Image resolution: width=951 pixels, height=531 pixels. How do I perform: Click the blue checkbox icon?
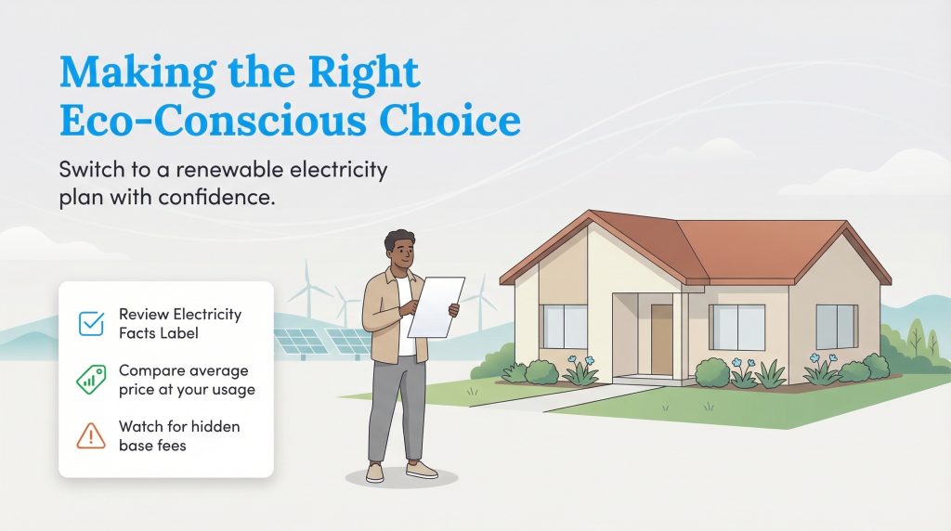click(x=92, y=323)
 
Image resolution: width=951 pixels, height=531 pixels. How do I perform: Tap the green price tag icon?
click(x=91, y=380)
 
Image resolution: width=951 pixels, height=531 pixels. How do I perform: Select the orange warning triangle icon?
click(x=91, y=435)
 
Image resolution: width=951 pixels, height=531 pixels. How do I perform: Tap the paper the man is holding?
click(x=436, y=307)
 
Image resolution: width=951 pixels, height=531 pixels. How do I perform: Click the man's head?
click(x=401, y=252)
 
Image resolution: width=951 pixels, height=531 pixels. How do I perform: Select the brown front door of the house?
click(x=661, y=339)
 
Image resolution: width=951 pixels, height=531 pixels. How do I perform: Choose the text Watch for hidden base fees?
click(x=179, y=435)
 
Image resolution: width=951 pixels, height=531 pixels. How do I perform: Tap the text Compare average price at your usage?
click(x=186, y=380)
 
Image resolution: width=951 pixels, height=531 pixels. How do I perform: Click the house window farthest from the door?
click(x=836, y=326)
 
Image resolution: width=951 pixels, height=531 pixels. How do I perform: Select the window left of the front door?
click(x=566, y=326)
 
